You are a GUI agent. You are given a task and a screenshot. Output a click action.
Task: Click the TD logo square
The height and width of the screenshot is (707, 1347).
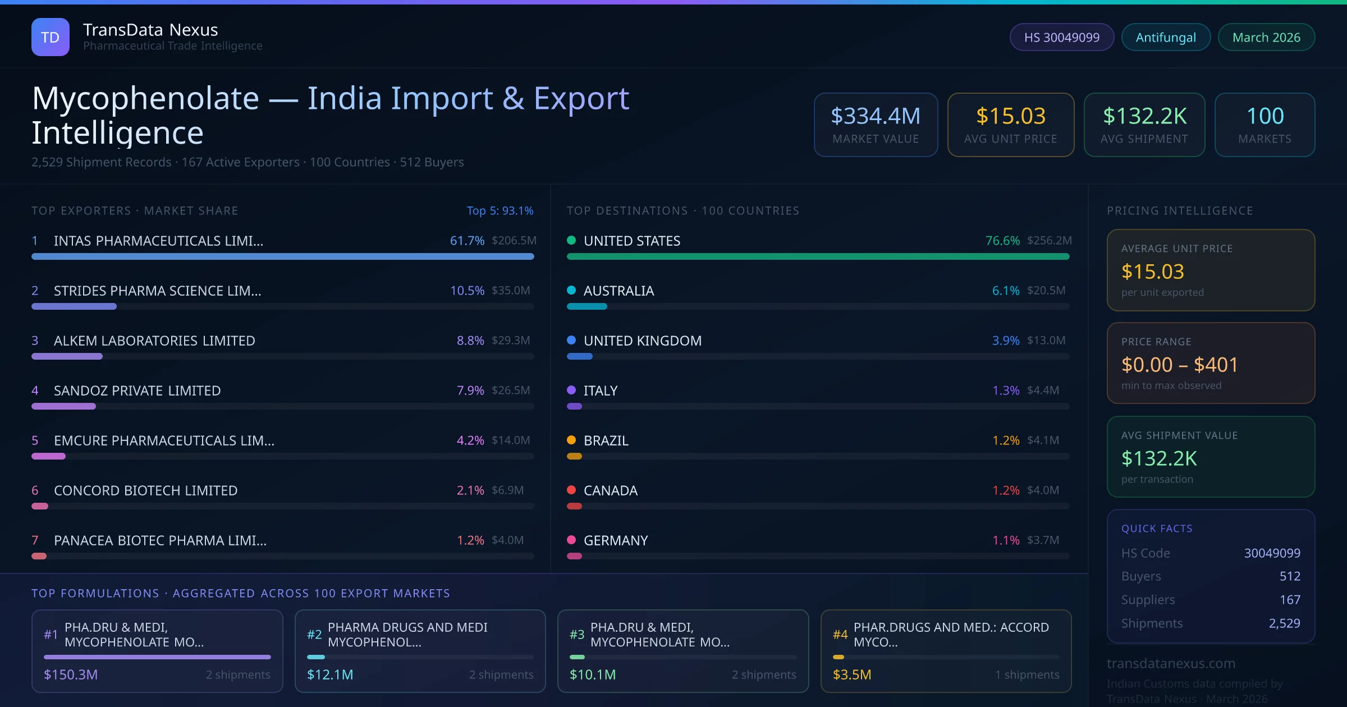pyautogui.click(x=51, y=37)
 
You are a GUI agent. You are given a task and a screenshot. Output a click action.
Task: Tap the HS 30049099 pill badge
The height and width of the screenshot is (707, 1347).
pyautogui.click(x=1061, y=37)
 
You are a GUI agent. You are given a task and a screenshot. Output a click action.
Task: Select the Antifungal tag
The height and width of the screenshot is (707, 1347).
pyautogui.click(x=1166, y=37)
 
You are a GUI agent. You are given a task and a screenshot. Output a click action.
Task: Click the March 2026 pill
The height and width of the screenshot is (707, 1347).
pyautogui.click(x=1266, y=37)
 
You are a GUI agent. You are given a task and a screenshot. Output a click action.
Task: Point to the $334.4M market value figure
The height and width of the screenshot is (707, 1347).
pyautogui.click(x=876, y=116)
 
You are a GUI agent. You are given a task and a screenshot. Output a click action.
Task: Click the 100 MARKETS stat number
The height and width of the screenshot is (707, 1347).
pyautogui.click(x=1265, y=116)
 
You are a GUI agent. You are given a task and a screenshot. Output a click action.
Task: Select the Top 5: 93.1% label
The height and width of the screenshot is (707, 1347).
pyautogui.click(x=500, y=210)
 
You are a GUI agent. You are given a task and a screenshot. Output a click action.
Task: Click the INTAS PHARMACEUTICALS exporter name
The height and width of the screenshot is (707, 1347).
pyautogui.click(x=158, y=241)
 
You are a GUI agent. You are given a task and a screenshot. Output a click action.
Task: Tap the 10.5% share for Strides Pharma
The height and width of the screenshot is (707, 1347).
pyautogui.click(x=467, y=291)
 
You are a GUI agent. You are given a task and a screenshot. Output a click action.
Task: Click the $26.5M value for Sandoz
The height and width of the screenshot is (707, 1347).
pyautogui.click(x=511, y=391)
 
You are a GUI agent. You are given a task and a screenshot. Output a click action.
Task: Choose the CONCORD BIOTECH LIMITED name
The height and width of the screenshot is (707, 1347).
pyautogui.click(x=145, y=490)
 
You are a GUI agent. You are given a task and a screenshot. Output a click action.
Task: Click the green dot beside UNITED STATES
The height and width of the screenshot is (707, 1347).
pyautogui.click(x=571, y=241)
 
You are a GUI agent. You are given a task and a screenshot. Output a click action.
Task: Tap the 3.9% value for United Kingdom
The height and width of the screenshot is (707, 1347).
pyautogui.click(x=1006, y=341)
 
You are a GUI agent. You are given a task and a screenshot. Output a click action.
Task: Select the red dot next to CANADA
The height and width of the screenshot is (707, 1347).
pyautogui.click(x=571, y=490)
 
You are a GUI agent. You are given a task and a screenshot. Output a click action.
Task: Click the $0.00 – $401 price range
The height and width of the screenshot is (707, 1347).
pyautogui.click(x=1179, y=365)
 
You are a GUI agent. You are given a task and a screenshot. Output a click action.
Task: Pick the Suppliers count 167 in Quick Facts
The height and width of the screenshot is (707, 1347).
pyautogui.click(x=1290, y=600)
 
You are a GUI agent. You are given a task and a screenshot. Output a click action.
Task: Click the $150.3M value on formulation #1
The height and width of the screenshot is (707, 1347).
pyautogui.click(x=71, y=674)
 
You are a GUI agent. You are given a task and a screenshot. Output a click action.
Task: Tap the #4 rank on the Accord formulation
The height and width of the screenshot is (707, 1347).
pyautogui.click(x=840, y=635)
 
